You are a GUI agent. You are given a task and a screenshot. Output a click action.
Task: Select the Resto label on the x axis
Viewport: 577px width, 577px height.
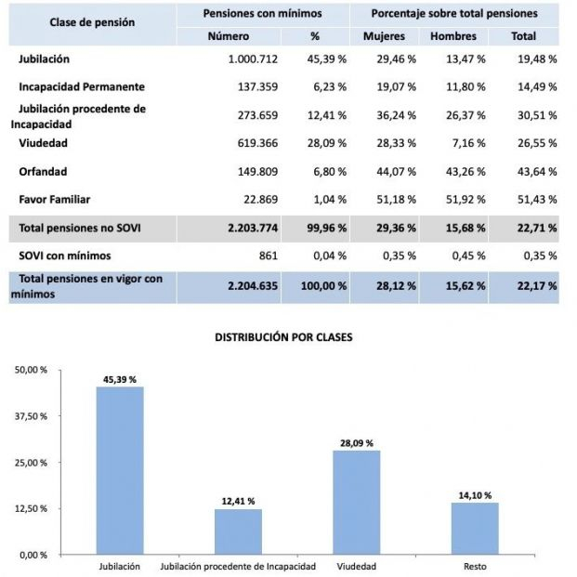[475, 566]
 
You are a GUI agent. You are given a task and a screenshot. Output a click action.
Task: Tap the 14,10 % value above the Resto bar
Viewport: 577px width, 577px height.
[475, 495]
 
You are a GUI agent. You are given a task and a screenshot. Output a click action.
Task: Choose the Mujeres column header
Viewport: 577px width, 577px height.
[388, 36]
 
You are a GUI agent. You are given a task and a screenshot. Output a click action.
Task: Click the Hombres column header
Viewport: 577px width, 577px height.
[453, 36]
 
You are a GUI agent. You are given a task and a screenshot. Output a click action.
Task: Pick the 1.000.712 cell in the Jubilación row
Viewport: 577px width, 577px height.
[251, 59]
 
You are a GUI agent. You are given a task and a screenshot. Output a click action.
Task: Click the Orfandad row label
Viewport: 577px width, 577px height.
[43, 172]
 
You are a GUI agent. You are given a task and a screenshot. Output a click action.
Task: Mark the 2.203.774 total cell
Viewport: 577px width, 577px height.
[252, 229]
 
